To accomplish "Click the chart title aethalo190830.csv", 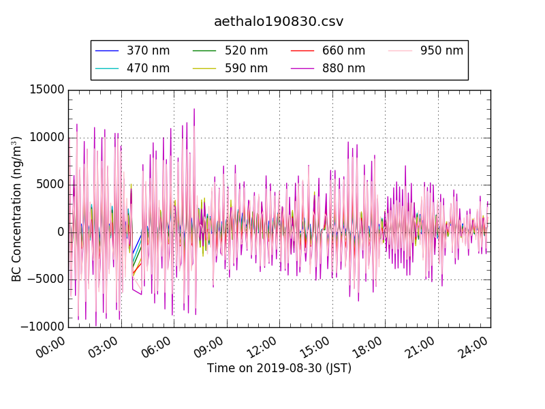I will click(279, 22).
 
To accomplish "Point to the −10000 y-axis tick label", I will click(42, 327).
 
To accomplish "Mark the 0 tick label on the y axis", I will click(61, 232).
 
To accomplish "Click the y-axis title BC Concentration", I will click(16, 209).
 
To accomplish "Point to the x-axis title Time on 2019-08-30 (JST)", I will click(279, 368).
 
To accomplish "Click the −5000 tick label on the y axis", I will click(45, 279).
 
